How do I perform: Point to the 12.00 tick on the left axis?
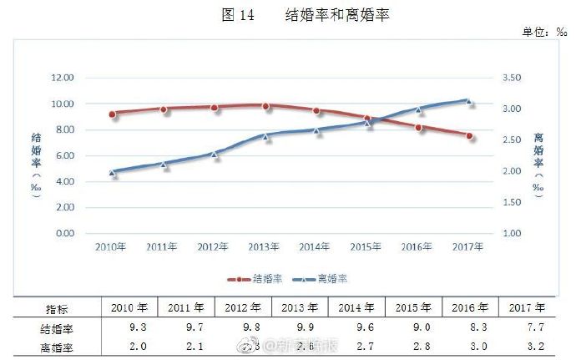point(63,78)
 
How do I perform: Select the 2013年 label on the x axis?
point(265,246)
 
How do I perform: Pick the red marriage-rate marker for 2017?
point(470,135)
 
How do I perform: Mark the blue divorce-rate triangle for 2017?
point(469,101)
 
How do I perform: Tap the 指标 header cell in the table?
point(56,307)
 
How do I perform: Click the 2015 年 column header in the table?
point(413,307)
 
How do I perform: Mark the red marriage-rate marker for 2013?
point(265,106)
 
